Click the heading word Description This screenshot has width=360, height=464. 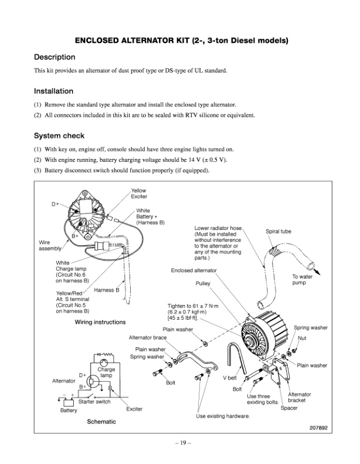pyautogui.click(x=55, y=57)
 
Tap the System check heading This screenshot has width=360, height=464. pyautogui.click(x=59, y=136)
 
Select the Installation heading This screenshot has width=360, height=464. pyautogui.click(x=53, y=91)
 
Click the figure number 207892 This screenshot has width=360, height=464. pyautogui.click(x=318, y=428)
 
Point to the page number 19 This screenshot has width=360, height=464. pyautogui.click(x=182, y=443)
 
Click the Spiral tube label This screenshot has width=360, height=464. pyautogui.click(x=278, y=231)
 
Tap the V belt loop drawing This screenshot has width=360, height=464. pyautogui.click(x=236, y=357)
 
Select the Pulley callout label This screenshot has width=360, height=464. pyautogui.click(x=203, y=283)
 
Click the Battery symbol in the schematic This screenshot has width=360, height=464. pyautogui.click(x=69, y=402)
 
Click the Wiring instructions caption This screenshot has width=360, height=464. pyautogui.click(x=100, y=322)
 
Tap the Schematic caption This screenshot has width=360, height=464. pyautogui.click(x=101, y=422)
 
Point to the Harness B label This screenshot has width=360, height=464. pyautogui.click(x=107, y=290)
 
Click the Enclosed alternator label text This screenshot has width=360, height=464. pyautogui.click(x=193, y=270)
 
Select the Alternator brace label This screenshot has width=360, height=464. pyautogui.click(x=148, y=338)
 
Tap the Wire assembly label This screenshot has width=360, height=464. pyautogui.click(x=50, y=245)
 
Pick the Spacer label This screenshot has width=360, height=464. pyautogui.click(x=289, y=408)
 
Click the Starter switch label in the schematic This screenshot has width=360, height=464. pyautogui.click(x=94, y=402)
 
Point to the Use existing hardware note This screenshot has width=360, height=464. pyautogui.click(x=223, y=416)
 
